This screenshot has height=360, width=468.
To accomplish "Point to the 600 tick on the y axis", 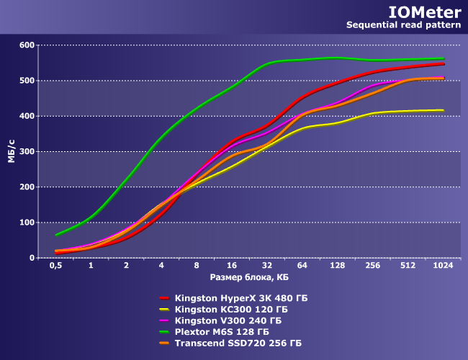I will point(27,45).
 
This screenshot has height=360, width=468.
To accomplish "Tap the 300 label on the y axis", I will point(27,151).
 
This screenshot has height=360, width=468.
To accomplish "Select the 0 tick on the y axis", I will point(31,258).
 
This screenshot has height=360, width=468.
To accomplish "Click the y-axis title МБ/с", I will point(12,151).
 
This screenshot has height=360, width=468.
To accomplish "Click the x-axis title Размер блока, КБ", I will point(248,277).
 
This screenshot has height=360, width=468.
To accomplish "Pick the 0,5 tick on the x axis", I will point(55,266).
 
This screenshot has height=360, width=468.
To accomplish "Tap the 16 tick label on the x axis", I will point(232,266).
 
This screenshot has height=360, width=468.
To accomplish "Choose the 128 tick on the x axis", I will point(337,266).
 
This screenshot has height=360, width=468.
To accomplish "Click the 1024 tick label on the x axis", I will point(443,266).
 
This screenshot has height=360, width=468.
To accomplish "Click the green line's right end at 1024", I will point(443,58).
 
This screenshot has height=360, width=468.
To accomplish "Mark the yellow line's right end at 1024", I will point(443,110).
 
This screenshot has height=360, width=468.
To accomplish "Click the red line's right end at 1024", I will point(443,64).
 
